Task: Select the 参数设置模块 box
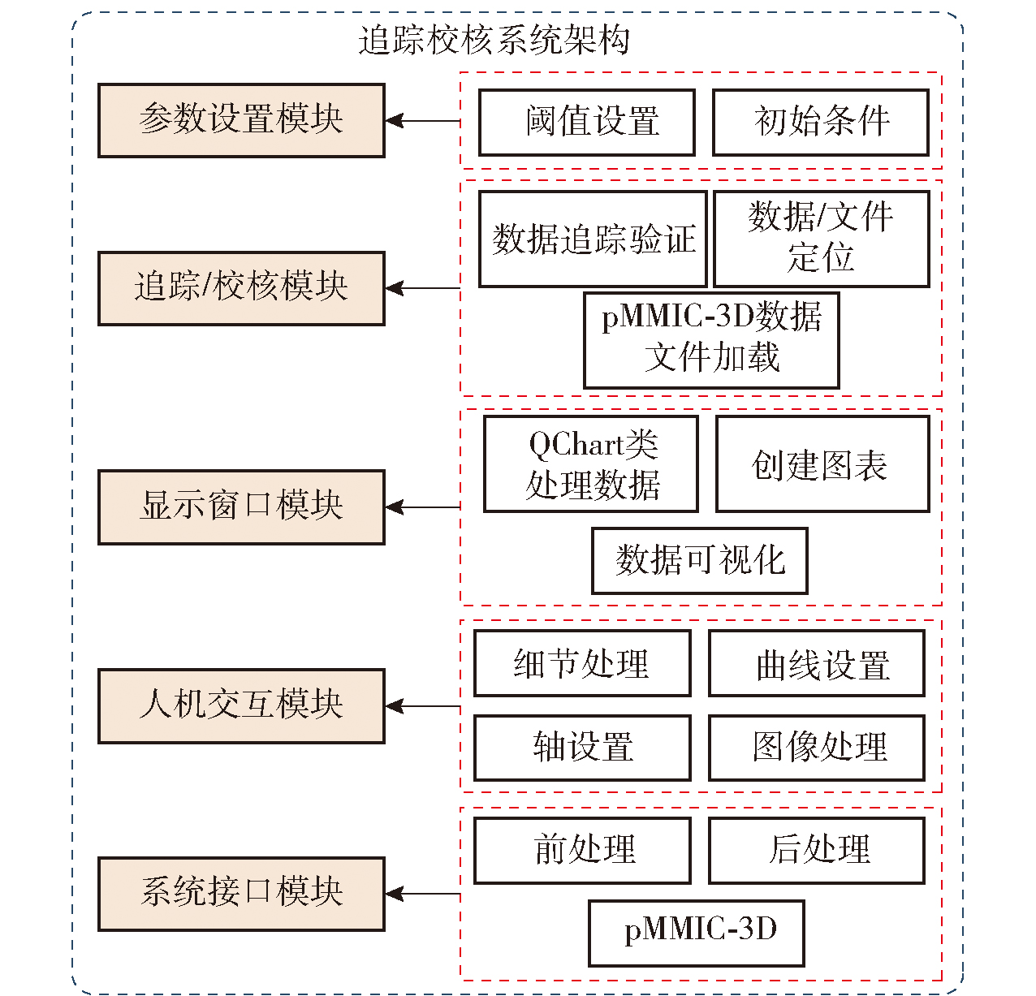point(241,120)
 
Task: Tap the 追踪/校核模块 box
point(241,288)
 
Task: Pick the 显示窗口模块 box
point(241,507)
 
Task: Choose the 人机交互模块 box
point(241,705)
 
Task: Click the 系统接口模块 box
point(241,893)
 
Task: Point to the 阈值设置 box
point(586,122)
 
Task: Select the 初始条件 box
point(820,122)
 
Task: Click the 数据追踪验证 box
point(593,239)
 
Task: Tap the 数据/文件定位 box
point(820,239)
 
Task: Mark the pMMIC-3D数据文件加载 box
point(711,339)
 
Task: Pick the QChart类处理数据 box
point(591,464)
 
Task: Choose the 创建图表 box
point(822,464)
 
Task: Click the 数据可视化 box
point(700,560)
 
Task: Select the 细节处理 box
point(582,663)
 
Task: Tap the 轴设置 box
point(582,748)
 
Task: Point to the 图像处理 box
point(816,748)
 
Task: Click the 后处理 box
point(816,850)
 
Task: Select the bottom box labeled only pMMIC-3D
point(697,932)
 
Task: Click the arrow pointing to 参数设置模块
point(422,121)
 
